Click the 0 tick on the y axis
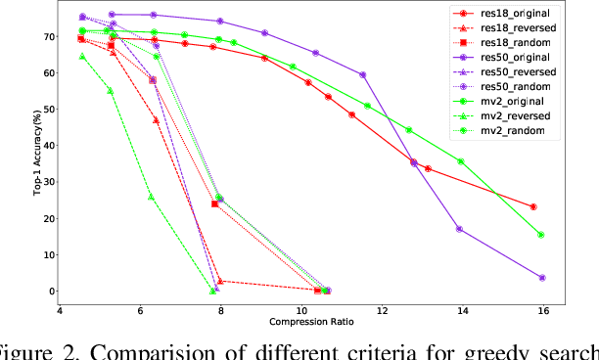tap(49, 292)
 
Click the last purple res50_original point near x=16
tap(541, 278)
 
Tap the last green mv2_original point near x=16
tap(541, 235)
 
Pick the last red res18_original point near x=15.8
tap(532, 206)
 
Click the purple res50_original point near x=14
tap(459, 229)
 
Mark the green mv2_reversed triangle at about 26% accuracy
tap(151, 197)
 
